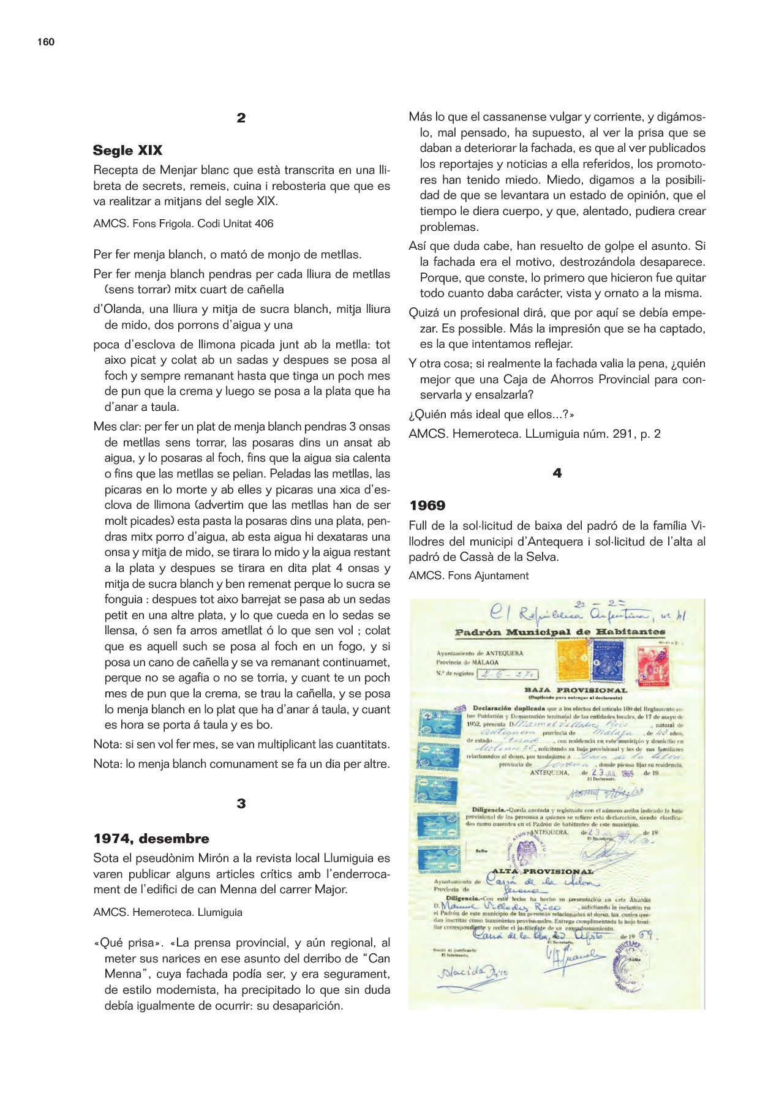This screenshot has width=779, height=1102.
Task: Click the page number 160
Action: tap(46, 42)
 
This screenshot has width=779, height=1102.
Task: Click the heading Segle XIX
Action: tap(127, 151)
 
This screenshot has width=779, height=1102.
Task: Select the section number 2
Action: tap(241, 118)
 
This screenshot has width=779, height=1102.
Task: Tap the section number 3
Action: tap(241, 803)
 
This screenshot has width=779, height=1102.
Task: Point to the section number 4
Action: tap(557, 473)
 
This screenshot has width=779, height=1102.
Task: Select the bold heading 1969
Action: tap(427, 506)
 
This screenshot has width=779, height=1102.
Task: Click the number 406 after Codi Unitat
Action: tap(264, 223)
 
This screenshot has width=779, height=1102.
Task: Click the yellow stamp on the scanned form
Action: tap(571, 661)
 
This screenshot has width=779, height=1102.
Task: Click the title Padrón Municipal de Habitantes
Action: tap(560, 632)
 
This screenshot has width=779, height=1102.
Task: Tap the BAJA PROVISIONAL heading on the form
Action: tap(576, 691)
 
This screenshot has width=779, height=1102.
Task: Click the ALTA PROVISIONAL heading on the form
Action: tap(543, 871)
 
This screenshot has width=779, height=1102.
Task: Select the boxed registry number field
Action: tap(508, 674)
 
